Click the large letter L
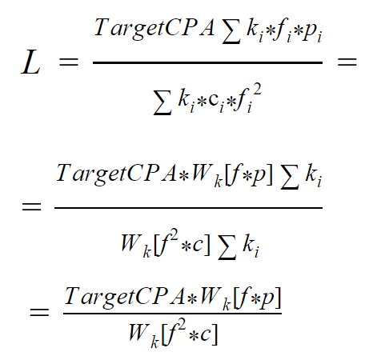(31, 62)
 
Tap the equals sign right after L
(69, 62)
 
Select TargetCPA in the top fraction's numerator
(154, 28)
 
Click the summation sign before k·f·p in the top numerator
(231, 33)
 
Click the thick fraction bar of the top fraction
(207, 62)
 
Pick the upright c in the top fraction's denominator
(213, 100)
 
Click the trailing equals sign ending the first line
(347, 62)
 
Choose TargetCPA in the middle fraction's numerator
(116, 174)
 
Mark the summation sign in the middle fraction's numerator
(291, 179)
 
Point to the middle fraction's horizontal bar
(188, 208)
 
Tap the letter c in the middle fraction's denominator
(198, 246)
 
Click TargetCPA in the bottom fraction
(124, 297)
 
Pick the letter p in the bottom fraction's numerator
(267, 298)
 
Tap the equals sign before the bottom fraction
(39, 312)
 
